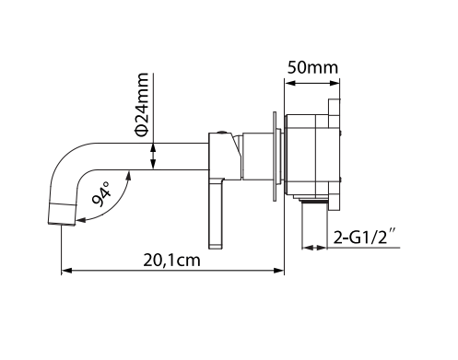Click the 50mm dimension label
[312, 67]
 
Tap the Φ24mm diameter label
[142, 105]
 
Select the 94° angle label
[101, 194]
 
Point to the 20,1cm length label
[171, 261]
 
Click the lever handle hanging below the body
[216, 214]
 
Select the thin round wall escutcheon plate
[275, 157]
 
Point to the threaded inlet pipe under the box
[314, 222]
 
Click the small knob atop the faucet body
[221, 133]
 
